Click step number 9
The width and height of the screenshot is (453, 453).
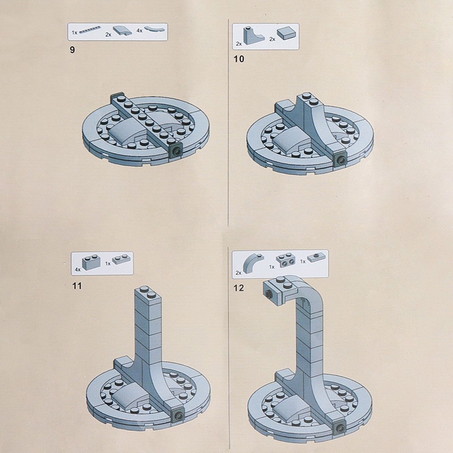tap(72, 50)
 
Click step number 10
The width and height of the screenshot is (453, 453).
tap(238, 59)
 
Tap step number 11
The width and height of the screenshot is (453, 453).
tap(77, 286)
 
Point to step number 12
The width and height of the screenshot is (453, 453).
tap(238, 288)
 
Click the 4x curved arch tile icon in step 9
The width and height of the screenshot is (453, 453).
tap(155, 29)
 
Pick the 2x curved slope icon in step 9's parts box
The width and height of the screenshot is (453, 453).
tap(122, 31)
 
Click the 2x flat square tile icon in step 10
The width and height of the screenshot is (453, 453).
tap(286, 34)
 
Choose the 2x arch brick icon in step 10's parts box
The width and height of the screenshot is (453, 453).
tap(254, 36)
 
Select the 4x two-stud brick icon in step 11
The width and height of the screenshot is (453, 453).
tap(91, 262)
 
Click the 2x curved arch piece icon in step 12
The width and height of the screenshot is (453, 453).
tap(253, 263)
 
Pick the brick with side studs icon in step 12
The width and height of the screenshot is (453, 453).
tap(285, 259)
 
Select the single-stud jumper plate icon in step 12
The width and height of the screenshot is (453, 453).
tap(317, 258)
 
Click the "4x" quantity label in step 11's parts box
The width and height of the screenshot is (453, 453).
tap(78, 270)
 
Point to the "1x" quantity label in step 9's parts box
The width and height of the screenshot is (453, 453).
tap(75, 33)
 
